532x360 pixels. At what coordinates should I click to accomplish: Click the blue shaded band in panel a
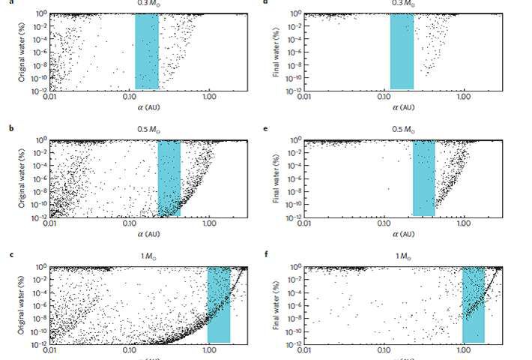(x=146, y=51)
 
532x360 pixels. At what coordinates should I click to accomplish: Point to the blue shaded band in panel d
(x=402, y=51)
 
